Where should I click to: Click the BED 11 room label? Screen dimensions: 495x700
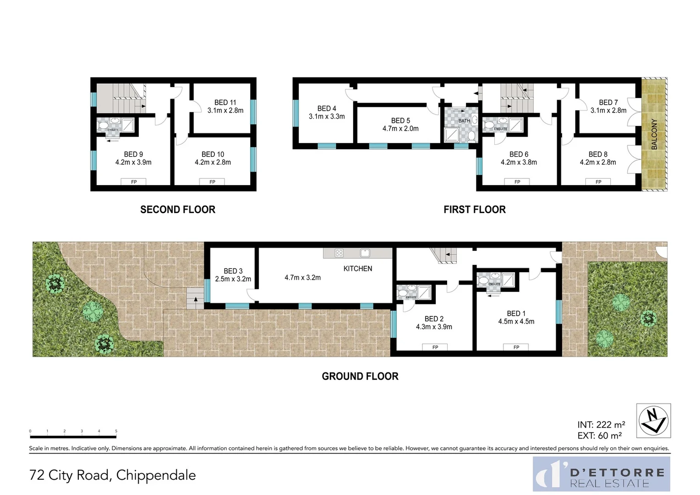[x=225, y=103]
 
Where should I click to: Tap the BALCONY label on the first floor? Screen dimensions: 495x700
[x=654, y=134]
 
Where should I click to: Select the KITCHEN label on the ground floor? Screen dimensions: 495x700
[x=358, y=269]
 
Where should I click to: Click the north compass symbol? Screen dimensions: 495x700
[x=654, y=421]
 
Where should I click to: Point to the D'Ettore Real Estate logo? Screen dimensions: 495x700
[x=601, y=474]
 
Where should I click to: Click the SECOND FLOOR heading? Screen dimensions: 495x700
[x=178, y=209]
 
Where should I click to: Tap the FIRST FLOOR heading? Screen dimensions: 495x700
[x=475, y=209]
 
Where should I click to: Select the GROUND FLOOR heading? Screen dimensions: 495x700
[x=360, y=376]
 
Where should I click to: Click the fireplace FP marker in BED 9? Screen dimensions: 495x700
[x=134, y=182]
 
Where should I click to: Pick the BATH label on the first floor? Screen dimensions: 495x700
[x=464, y=121]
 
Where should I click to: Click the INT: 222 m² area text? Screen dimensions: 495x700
[x=601, y=425]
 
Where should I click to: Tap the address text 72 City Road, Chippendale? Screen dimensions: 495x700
[x=112, y=475]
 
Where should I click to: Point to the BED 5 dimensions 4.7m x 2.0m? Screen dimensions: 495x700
[x=400, y=129]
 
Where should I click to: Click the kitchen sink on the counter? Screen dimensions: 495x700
[x=365, y=253]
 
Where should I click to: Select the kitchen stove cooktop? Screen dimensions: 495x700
[x=339, y=253]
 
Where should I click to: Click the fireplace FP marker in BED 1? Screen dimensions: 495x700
[x=516, y=347]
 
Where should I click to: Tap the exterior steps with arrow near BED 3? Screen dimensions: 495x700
[x=195, y=298]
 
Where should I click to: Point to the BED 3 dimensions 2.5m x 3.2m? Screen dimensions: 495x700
[x=233, y=279]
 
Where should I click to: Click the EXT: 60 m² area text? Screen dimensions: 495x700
[x=599, y=436]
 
